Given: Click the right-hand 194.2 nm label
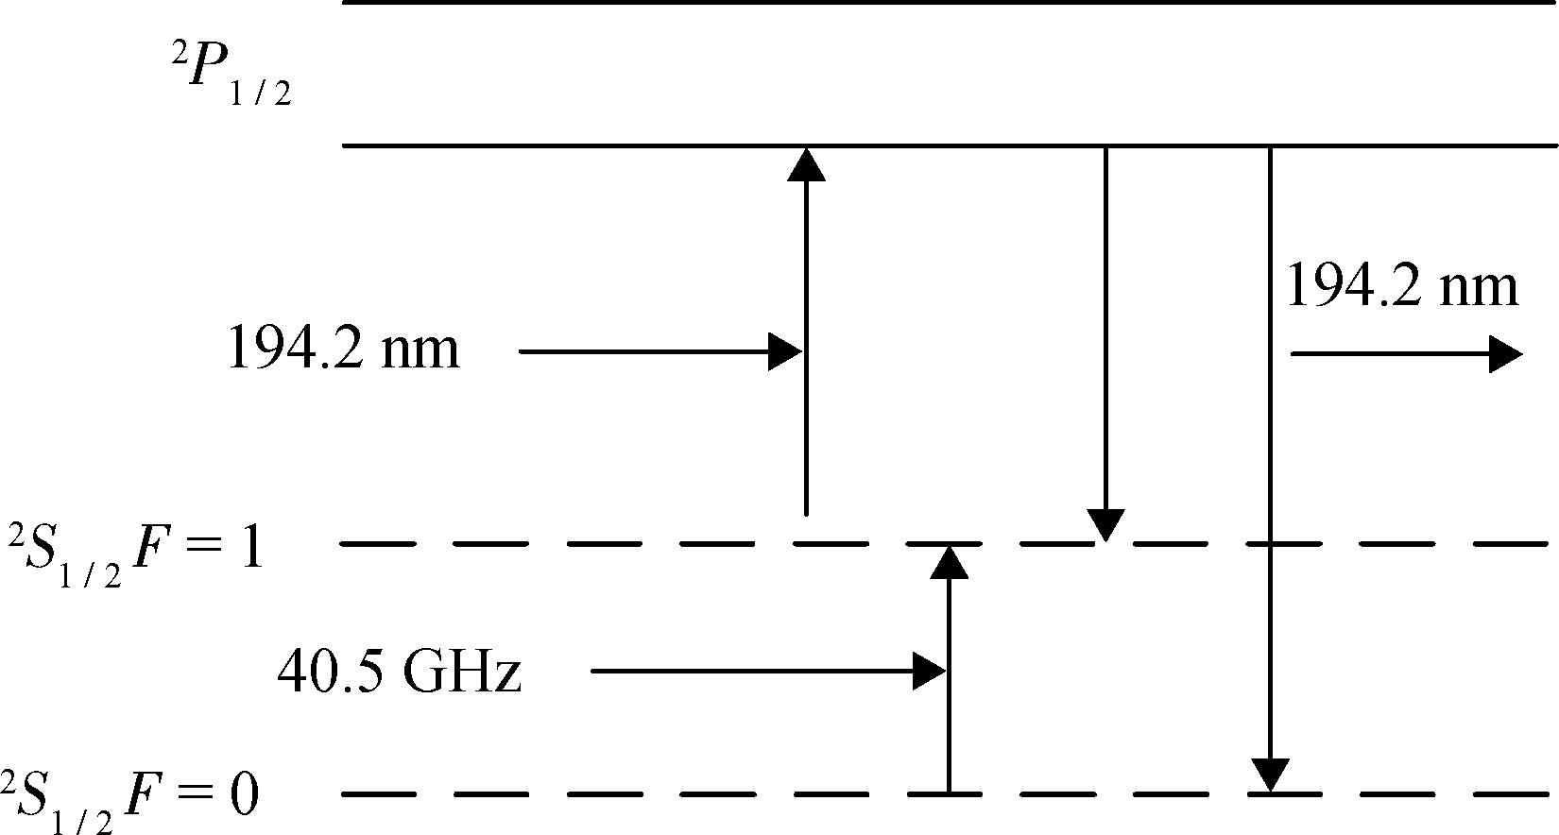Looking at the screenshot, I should pos(1403,286).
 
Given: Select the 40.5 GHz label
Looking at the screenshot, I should pos(399,673).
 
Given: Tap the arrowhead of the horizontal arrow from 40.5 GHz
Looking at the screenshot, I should pos(930,672).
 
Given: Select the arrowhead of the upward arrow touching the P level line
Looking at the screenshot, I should pos(806,163).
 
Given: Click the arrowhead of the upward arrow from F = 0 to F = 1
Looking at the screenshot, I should pos(950,562).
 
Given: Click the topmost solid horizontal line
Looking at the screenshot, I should pos(945,3).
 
